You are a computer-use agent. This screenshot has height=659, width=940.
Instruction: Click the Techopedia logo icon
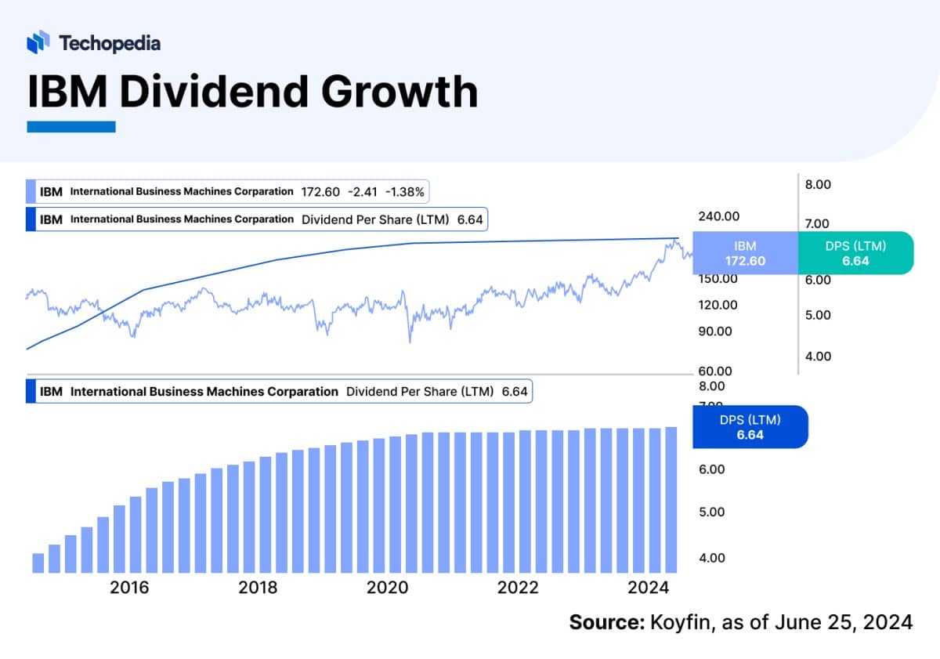click(x=38, y=42)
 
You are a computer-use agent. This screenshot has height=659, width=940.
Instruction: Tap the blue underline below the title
click(x=71, y=126)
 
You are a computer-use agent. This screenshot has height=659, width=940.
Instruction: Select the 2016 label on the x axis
click(x=130, y=588)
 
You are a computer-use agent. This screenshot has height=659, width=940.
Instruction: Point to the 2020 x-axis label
click(x=388, y=588)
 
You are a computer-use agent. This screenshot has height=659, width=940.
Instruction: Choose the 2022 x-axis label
click(x=518, y=588)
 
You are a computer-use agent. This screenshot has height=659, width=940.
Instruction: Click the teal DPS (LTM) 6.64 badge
click(x=855, y=253)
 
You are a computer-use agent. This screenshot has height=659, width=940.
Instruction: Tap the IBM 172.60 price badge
click(x=745, y=253)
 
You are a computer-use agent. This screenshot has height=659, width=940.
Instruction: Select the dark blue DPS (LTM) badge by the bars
click(x=750, y=427)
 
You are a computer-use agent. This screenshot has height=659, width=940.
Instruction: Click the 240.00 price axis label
click(x=718, y=216)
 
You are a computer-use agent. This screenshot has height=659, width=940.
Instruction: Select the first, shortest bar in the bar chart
click(x=38, y=563)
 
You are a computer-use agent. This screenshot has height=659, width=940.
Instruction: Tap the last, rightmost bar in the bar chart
click(x=671, y=500)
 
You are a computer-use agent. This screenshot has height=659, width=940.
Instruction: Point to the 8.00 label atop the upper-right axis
click(x=817, y=185)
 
